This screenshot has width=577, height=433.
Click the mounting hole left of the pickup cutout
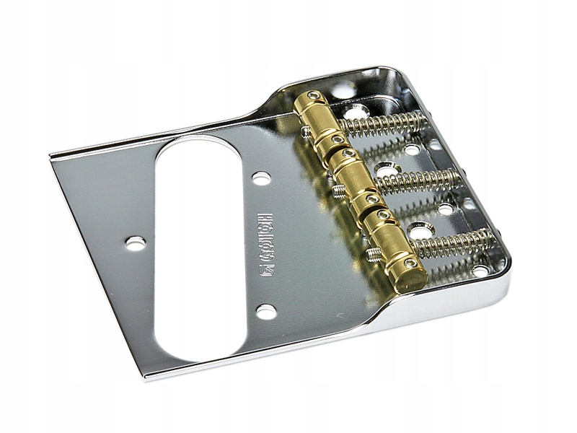coord(135,243)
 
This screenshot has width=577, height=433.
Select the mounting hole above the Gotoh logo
coord(262,178)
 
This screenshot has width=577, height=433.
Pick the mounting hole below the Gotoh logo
coord(265,312)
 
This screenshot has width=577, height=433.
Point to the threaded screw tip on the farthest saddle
coord(305,132)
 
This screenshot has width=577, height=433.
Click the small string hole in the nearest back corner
coord(480,271)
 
